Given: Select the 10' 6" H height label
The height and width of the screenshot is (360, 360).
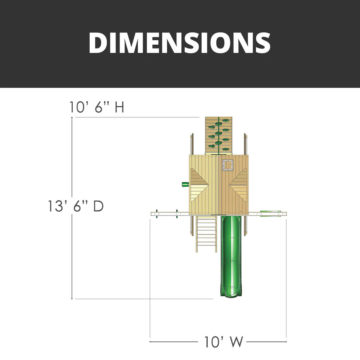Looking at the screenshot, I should [x=97, y=107].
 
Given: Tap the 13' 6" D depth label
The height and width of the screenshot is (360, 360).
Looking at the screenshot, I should [x=76, y=206].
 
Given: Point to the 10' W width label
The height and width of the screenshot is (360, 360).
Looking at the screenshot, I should [x=224, y=342].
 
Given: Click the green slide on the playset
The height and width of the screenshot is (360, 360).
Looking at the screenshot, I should [x=229, y=252].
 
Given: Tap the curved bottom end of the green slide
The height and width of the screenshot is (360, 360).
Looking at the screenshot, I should [x=229, y=294].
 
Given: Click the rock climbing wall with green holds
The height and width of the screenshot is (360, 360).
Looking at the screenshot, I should [x=218, y=136].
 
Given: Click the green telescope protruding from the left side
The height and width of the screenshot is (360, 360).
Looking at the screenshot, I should [x=185, y=184].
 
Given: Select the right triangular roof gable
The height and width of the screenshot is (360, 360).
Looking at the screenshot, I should [x=239, y=185].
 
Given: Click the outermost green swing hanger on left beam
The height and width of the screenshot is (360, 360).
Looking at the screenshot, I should [x=157, y=213].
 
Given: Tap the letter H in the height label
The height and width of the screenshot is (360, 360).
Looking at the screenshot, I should [x=119, y=107].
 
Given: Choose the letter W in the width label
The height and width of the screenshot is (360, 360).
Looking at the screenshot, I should [x=237, y=342].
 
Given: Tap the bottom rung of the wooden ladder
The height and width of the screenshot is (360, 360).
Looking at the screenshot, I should [x=206, y=248].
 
